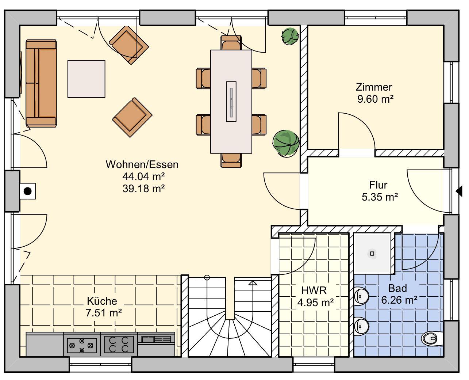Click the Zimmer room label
tap(374, 87)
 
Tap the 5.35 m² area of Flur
tap(380, 197)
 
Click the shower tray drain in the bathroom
tap(372, 254)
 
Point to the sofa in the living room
tap(41, 83)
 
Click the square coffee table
tap(86, 79)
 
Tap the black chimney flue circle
tap(27, 191)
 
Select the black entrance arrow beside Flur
tap(459, 191)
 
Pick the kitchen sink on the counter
tap(156, 339)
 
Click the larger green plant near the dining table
tap(286, 144)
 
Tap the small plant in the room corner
tap(290, 36)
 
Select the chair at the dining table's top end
tap(231, 43)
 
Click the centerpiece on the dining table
tap(231, 102)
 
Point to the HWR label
tap(314, 290)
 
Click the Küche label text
tap(102, 301)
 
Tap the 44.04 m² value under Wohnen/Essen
tap(143, 176)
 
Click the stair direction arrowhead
tap(253, 283)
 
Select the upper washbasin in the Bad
tap(361, 296)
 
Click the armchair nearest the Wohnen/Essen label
tap(132, 117)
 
